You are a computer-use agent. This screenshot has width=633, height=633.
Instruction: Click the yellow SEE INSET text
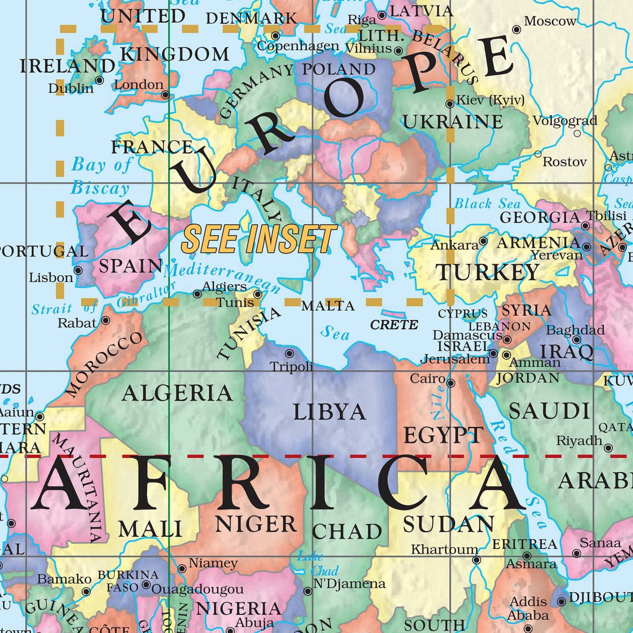(x=259, y=239)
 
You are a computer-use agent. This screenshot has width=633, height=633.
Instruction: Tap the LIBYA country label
(x=330, y=412)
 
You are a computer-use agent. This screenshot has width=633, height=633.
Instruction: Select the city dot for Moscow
(x=517, y=30)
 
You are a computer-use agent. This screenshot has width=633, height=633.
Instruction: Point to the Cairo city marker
(x=451, y=383)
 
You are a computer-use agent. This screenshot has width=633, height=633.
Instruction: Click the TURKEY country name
(x=488, y=272)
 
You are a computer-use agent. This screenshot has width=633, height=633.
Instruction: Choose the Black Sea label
(x=488, y=203)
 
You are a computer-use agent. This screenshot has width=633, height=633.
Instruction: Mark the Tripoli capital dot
(x=289, y=354)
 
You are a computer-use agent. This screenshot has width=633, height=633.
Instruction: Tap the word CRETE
(x=394, y=325)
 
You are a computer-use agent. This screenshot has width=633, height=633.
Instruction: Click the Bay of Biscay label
(x=101, y=176)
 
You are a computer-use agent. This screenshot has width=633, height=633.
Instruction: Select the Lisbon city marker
(x=78, y=270)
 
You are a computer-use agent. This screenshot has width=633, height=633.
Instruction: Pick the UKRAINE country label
(x=453, y=121)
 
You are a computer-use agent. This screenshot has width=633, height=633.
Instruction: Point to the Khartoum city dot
(x=477, y=561)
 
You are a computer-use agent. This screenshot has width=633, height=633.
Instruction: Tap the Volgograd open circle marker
(x=577, y=133)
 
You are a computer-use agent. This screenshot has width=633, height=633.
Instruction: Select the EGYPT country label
(x=444, y=435)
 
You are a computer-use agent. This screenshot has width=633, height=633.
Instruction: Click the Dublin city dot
(x=100, y=80)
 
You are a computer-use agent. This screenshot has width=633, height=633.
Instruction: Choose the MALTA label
(x=328, y=306)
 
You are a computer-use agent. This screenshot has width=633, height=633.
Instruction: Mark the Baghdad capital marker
(x=576, y=340)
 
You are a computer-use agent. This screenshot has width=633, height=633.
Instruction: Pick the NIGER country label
(x=256, y=524)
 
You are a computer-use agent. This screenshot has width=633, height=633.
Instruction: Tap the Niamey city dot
(x=182, y=568)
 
